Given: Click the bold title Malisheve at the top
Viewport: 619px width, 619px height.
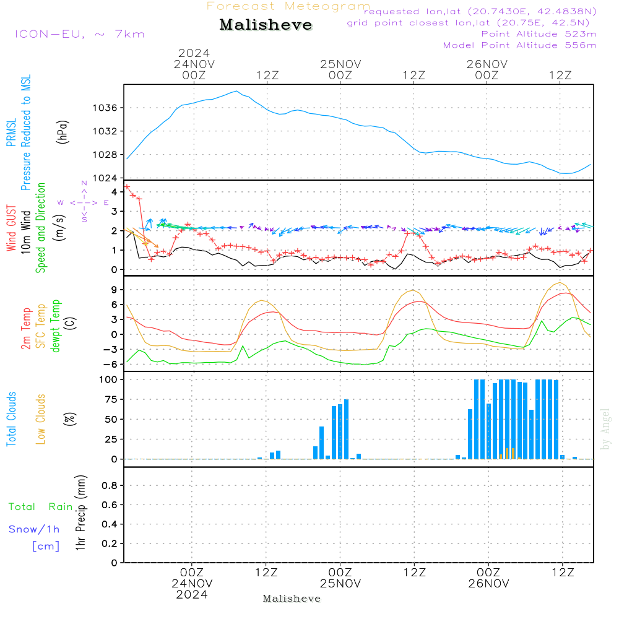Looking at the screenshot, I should pyautogui.click(x=266, y=25).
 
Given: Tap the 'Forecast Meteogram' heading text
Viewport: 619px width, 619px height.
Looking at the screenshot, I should pyautogui.click(x=288, y=6).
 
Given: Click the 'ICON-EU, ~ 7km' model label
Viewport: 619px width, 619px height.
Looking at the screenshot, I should pyautogui.click(x=79, y=33).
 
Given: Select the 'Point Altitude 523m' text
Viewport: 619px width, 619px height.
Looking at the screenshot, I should pyautogui.click(x=539, y=34).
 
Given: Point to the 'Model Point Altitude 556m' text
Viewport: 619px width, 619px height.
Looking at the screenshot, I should pyautogui.click(x=520, y=45).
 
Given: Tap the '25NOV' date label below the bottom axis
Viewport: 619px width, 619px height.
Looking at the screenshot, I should pyautogui.click(x=340, y=583).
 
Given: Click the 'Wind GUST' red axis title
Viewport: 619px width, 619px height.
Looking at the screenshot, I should pyautogui.click(x=11, y=229).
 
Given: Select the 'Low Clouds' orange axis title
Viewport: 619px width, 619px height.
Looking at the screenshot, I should pyautogui.click(x=41, y=418).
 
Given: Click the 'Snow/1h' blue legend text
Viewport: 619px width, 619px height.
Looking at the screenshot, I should pyautogui.click(x=34, y=529).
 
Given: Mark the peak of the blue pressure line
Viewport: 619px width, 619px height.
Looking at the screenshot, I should pyautogui.click(x=236, y=91).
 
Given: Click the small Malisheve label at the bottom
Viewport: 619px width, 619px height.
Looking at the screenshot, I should pyautogui.click(x=292, y=599).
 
